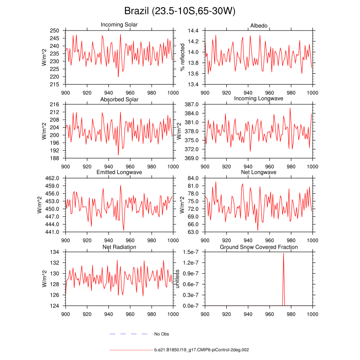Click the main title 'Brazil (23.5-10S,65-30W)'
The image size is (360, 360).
click(x=180, y=11)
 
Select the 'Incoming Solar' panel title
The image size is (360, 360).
click(x=119, y=24)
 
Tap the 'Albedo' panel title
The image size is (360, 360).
click(x=259, y=24)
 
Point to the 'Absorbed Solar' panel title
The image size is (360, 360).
click(x=119, y=99)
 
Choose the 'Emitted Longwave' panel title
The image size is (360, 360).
click(x=119, y=173)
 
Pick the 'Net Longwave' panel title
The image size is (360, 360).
click(x=259, y=173)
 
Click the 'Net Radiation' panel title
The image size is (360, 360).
click(x=119, y=247)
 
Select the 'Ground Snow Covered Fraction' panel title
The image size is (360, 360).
click(x=259, y=247)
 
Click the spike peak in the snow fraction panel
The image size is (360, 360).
click(x=283, y=253)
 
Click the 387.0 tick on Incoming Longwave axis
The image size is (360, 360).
click(x=192, y=104)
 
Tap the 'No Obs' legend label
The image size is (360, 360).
click(x=162, y=334)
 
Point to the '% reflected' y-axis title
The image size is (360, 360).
click(x=183, y=57)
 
